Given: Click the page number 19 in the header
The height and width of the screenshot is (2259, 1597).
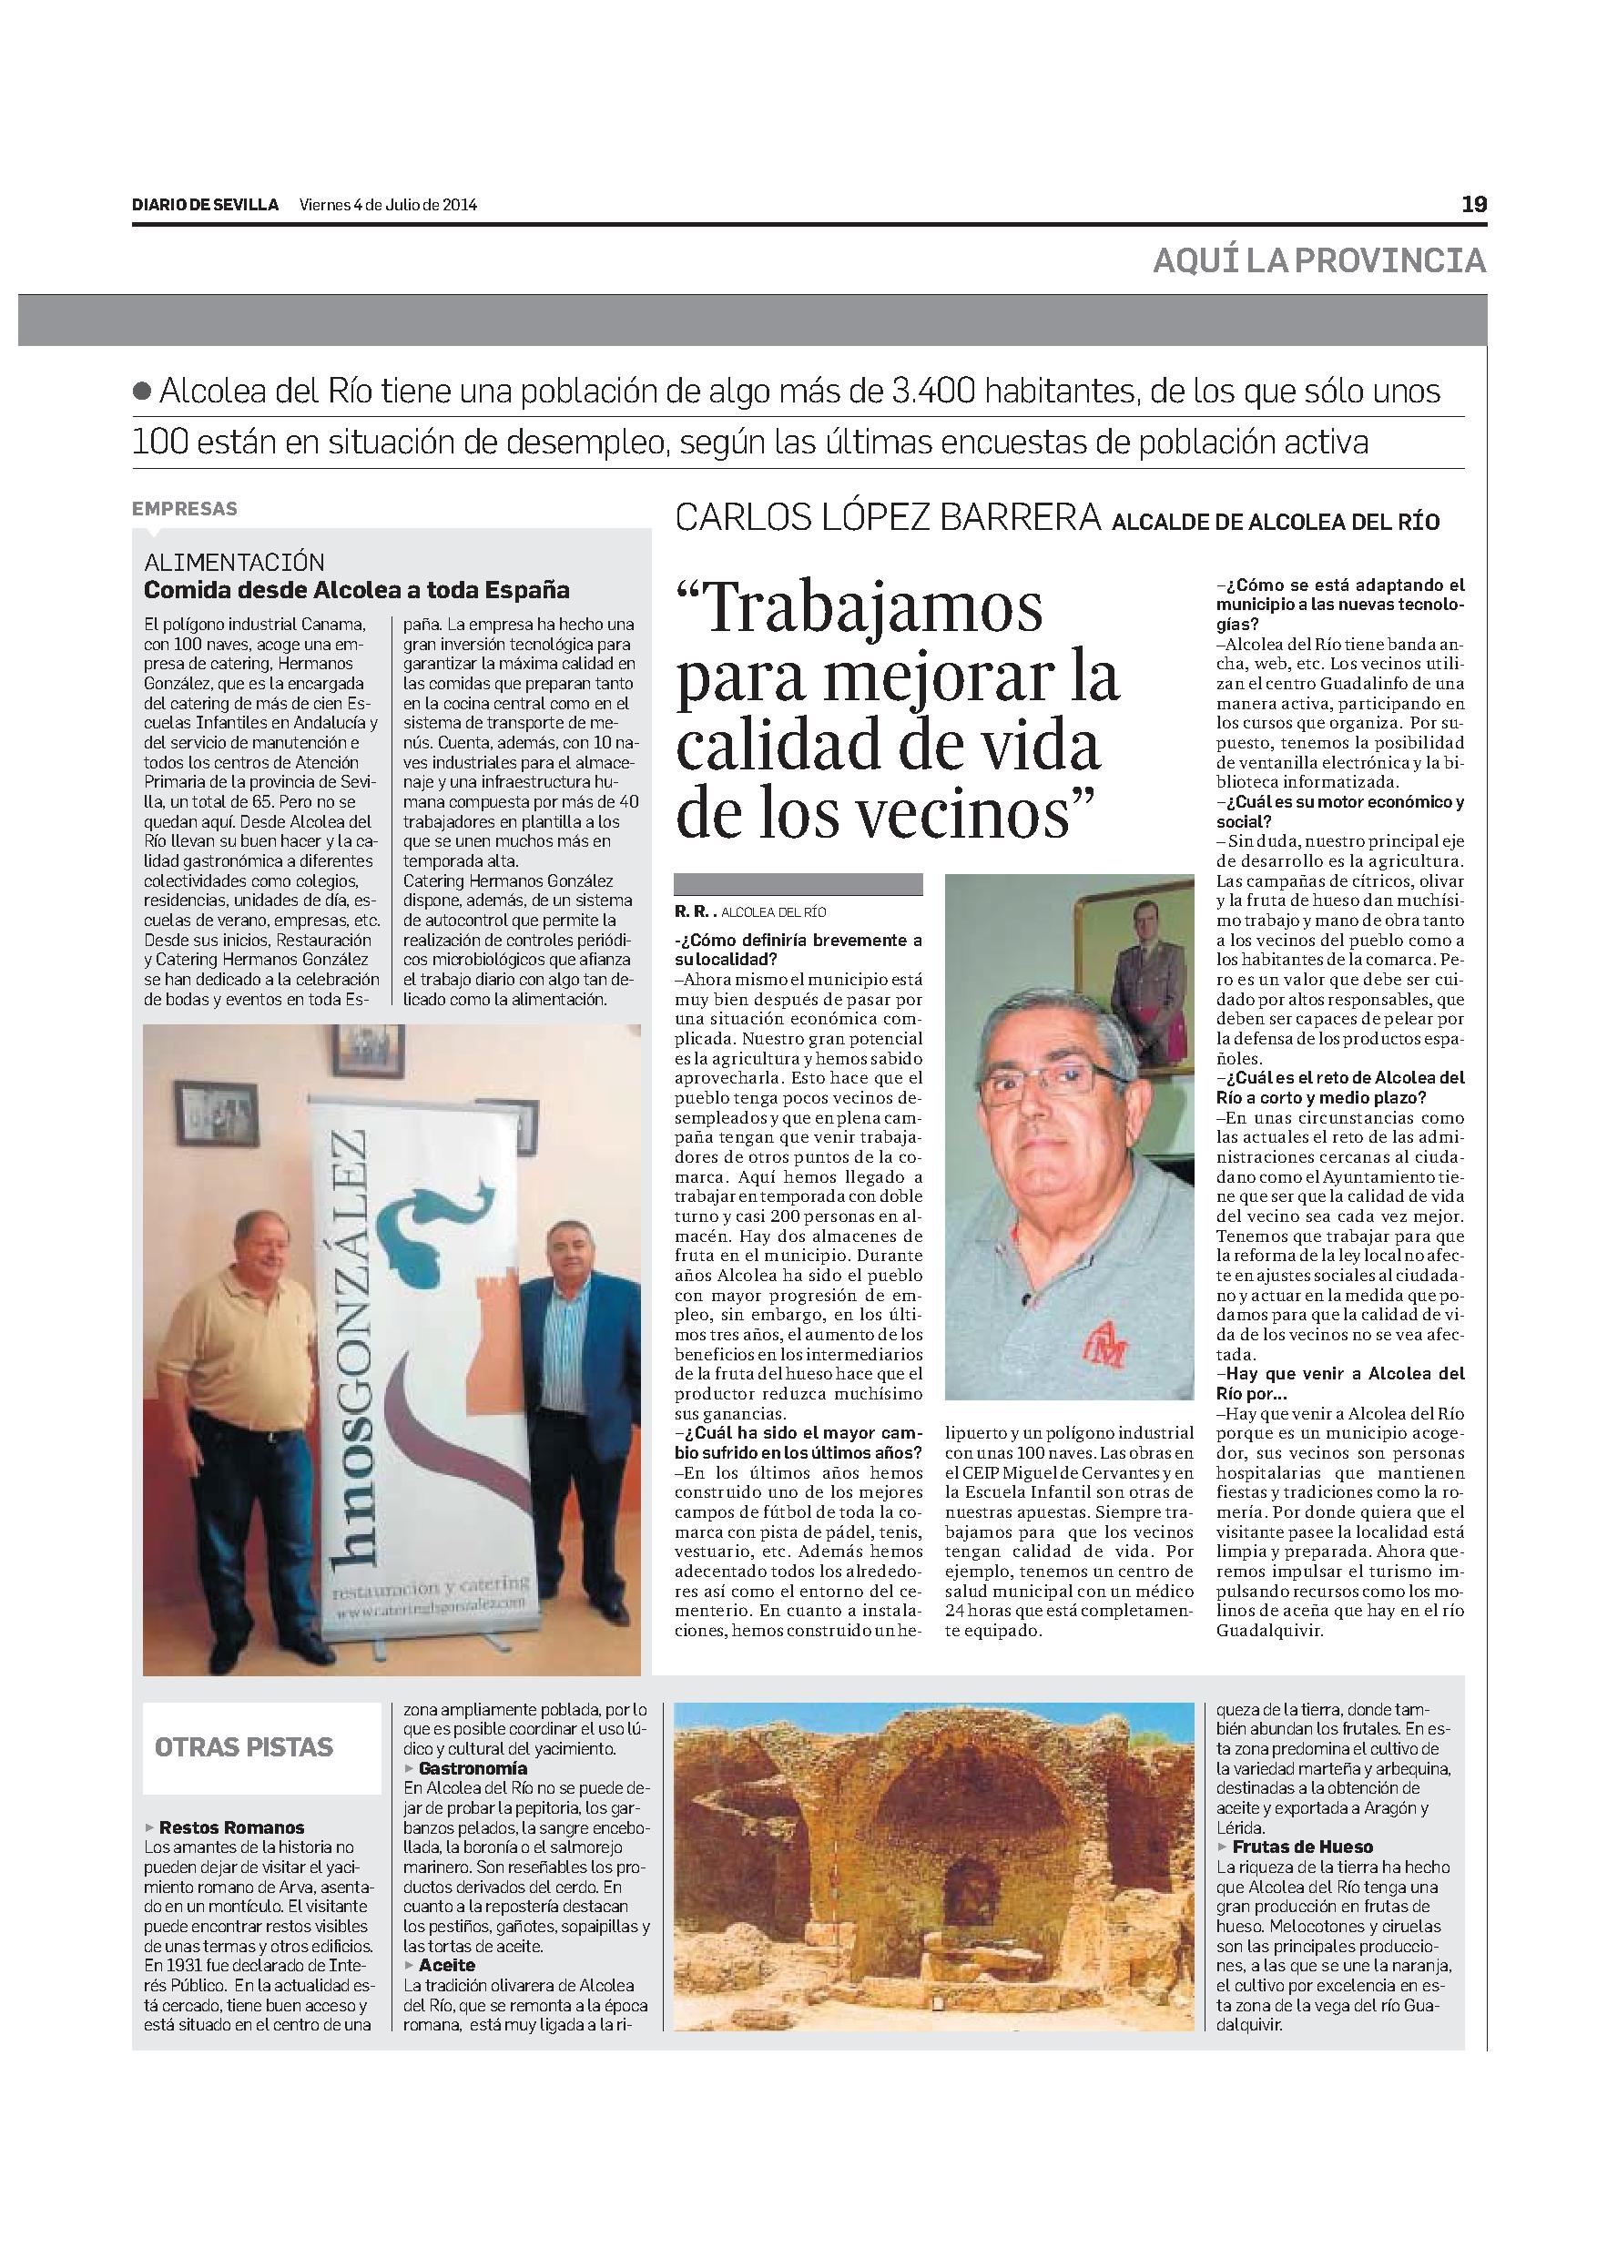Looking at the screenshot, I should pos(1473,205).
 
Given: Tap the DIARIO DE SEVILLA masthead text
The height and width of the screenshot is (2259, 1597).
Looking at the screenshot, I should pos(206,206).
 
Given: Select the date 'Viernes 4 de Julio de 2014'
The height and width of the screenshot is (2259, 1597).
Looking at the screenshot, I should pos(389,206).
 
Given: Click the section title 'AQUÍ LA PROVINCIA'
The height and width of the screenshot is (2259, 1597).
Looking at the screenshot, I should pos(1319,260).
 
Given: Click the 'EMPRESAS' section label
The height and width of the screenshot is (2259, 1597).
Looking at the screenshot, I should pos(185,509).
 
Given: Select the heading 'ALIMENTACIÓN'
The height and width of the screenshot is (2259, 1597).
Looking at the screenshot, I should pos(234,562).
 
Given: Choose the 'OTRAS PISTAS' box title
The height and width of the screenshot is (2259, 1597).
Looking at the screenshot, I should pos(244,1747).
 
